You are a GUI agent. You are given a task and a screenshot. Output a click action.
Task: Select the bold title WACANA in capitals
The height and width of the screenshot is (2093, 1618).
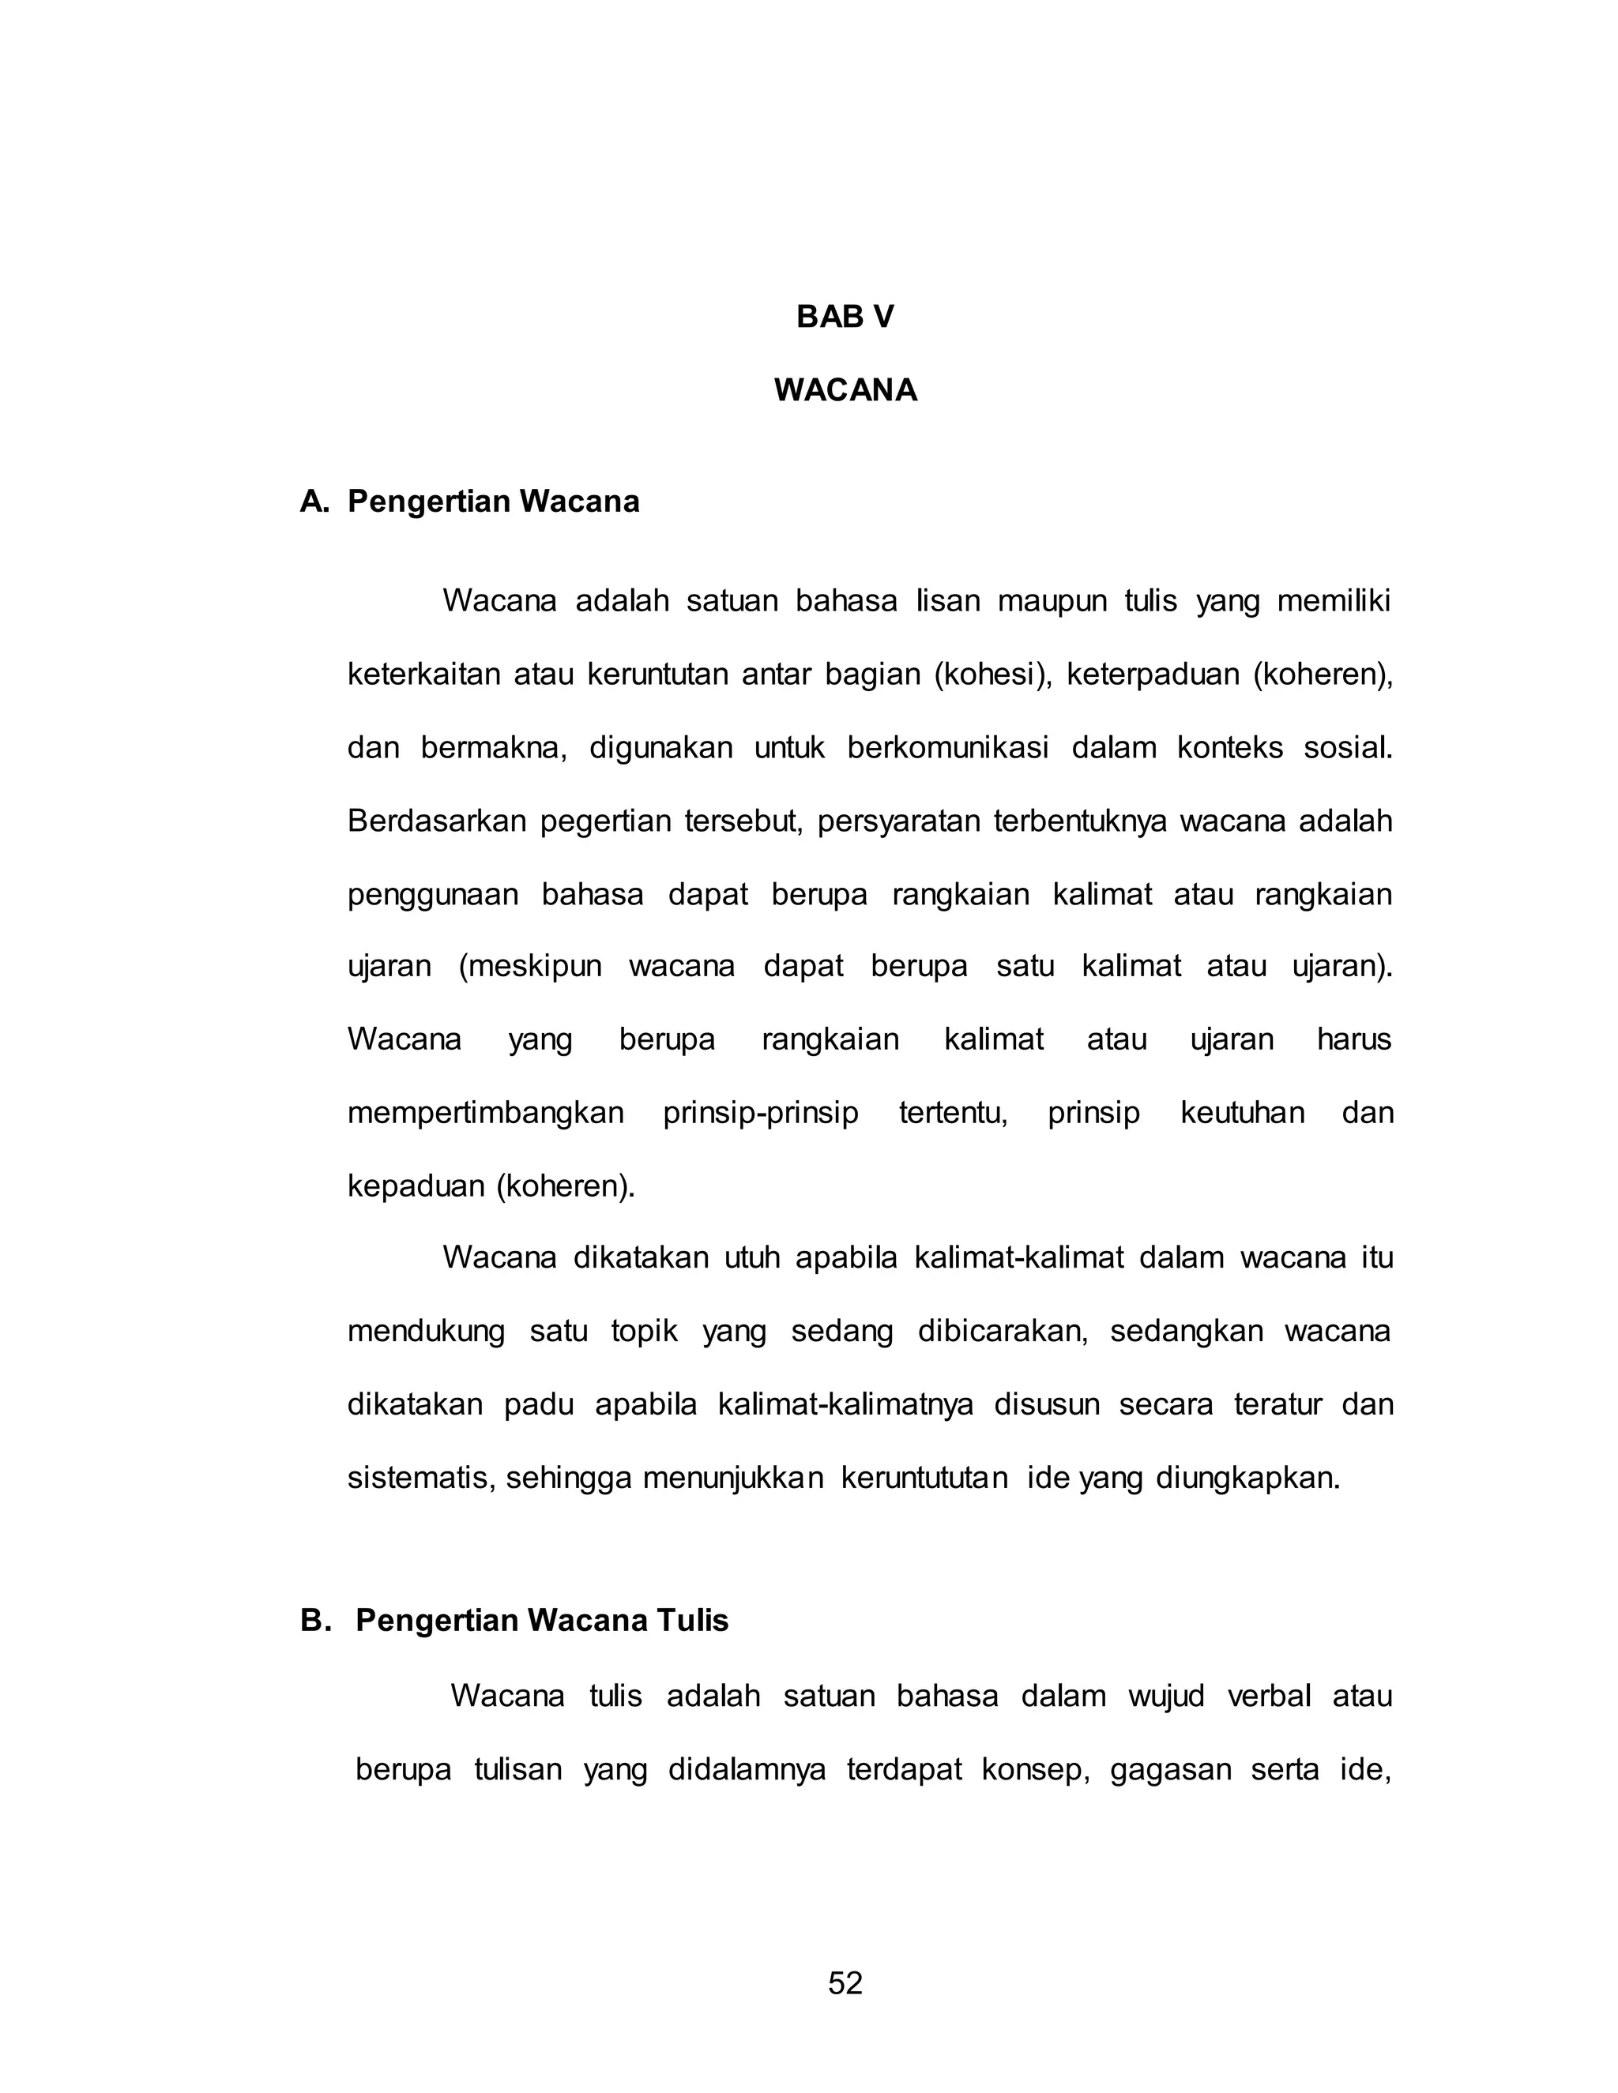tap(845, 390)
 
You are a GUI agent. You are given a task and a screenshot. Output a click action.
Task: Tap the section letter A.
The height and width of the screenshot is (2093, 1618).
tap(314, 502)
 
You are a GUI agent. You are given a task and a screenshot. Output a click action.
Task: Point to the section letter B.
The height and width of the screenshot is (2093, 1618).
tap(314, 1621)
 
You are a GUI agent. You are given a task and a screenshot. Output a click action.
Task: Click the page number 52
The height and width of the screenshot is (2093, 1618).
tap(845, 1982)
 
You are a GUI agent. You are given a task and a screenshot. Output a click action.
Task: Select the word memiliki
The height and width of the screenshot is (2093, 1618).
tap(1334, 601)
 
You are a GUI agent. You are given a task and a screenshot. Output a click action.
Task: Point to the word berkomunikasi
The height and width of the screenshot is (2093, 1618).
tap(948, 747)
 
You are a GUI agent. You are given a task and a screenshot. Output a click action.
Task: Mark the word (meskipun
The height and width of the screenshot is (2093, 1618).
tap(530, 966)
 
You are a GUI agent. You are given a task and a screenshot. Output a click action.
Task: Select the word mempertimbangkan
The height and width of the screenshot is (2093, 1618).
tap(485, 1113)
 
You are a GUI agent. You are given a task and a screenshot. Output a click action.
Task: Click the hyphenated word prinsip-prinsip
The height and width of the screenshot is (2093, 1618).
tap(760, 1113)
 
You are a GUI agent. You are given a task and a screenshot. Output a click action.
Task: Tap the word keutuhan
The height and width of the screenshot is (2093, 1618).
tap(1242, 1113)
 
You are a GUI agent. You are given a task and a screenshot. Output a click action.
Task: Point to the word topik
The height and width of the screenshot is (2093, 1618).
tap(644, 1332)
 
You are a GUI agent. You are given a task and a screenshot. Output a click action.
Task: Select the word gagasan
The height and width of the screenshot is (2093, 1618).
tap(1169, 1769)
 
